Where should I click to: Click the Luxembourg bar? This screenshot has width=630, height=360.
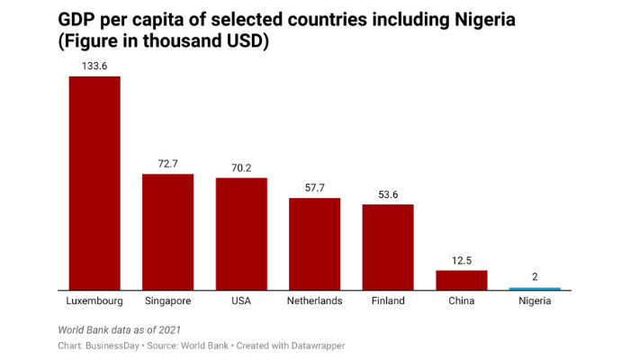(x=94, y=183)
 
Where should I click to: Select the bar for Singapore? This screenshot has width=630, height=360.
(x=168, y=231)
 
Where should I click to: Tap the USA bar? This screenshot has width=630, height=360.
(x=241, y=233)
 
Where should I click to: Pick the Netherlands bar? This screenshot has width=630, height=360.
(x=314, y=243)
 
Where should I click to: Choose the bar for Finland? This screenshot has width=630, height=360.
(x=388, y=247)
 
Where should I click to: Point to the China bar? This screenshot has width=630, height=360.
(x=461, y=280)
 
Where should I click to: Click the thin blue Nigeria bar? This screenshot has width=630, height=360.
(x=535, y=289)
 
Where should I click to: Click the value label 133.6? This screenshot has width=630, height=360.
(x=94, y=66)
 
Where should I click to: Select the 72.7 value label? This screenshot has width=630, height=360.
(x=168, y=164)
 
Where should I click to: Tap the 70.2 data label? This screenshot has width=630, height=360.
(x=241, y=167)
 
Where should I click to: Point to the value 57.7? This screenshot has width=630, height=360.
(x=314, y=187)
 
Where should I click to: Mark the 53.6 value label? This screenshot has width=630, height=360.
(x=388, y=194)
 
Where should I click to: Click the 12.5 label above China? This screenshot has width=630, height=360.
(x=461, y=260)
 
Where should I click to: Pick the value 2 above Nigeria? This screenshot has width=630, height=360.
(x=535, y=277)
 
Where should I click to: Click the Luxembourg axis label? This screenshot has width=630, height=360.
(x=94, y=301)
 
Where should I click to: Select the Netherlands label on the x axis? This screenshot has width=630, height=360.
(x=314, y=301)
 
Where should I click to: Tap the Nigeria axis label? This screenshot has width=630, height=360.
(x=535, y=301)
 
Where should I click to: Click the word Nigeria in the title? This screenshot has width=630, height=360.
(x=482, y=20)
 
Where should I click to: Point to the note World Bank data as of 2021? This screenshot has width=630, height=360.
(x=125, y=329)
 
